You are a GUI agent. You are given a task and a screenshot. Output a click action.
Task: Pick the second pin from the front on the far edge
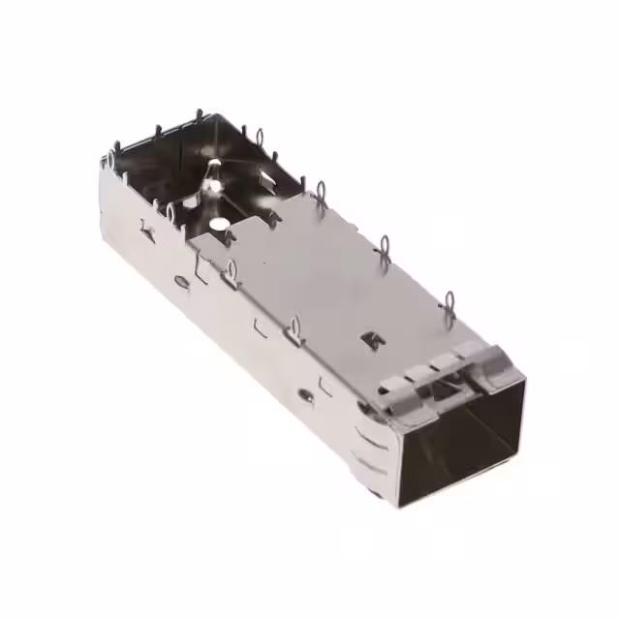(x=385, y=249)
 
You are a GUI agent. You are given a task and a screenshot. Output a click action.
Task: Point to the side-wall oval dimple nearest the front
(x=305, y=395)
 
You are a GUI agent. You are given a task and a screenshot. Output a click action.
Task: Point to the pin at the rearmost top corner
(x=200, y=119)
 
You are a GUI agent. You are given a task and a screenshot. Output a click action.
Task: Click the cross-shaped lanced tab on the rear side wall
(x=147, y=230)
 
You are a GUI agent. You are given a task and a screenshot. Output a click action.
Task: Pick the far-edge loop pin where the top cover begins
(x=320, y=190)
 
